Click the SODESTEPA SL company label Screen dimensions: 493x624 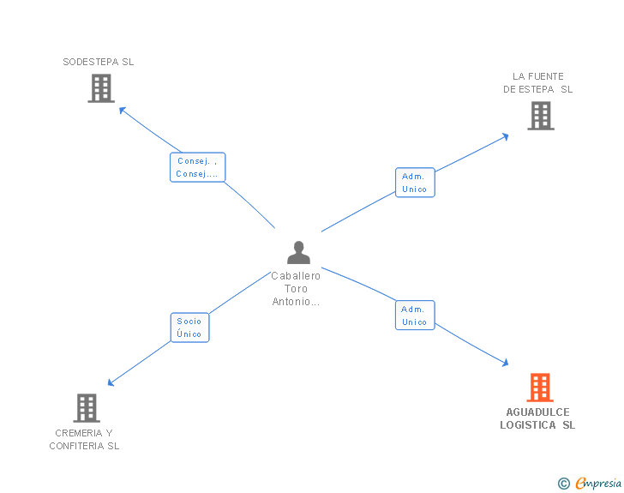tap(99, 62)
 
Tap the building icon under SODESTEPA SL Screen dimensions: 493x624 tap(101, 88)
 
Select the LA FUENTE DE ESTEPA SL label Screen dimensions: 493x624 tap(537, 82)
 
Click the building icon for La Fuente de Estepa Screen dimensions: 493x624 tap(540, 116)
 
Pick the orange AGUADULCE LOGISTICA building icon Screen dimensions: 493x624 tap(539, 388)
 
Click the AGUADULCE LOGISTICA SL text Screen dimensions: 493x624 tap(537, 418)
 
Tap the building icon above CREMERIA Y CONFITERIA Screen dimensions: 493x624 tap(87, 408)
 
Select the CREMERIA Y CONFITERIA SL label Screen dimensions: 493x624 tap(84, 439)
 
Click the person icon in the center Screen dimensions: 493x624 tap(298, 252)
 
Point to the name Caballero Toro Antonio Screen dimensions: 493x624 tap(296, 288)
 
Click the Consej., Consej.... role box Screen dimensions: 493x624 tap(197, 167)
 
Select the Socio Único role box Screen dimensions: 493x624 tap(189, 328)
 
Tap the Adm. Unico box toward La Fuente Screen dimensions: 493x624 tap(414, 183)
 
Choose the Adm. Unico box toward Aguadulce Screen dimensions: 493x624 tap(415, 316)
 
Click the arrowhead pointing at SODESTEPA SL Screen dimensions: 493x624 tap(122, 109)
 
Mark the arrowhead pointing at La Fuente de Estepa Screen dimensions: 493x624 tap(506, 135)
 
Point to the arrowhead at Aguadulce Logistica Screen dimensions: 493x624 tap(505, 364)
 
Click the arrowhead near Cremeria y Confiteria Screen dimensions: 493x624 tap(111, 382)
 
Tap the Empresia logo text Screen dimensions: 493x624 tap(598, 484)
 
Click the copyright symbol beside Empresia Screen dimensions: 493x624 tap(564, 484)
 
